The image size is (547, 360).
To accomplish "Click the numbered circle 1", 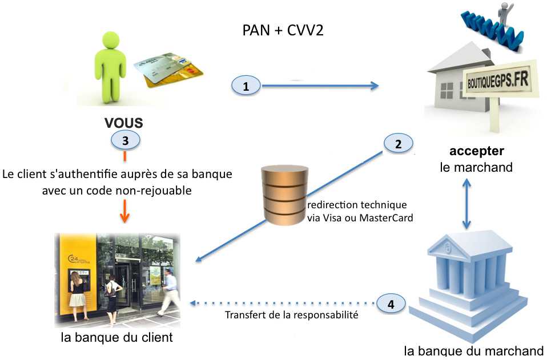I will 246,86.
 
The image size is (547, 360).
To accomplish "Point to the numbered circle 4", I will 391,305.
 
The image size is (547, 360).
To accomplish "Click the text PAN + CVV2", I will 283,30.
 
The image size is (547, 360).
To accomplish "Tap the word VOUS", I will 123,123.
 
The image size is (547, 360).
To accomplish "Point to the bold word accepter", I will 476,152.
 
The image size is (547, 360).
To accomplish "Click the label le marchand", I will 476,167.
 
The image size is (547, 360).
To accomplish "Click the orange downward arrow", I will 125,214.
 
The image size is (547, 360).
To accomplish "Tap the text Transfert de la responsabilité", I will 291,315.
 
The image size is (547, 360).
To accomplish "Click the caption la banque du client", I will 116,337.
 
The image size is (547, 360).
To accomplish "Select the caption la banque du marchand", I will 473,351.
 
